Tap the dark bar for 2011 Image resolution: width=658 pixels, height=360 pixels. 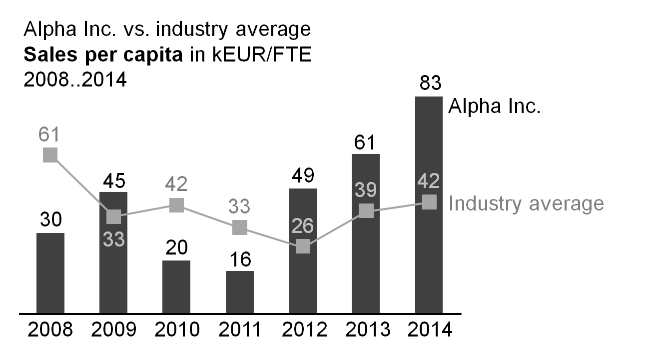pyautogui.click(x=240, y=292)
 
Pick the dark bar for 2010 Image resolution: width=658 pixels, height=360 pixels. pyautogui.click(x=176, y=287)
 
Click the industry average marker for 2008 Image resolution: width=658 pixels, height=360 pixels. pyautogui.click(x=50, y=155)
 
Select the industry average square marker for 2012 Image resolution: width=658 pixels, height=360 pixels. pyautogui.click(x=303, y=246)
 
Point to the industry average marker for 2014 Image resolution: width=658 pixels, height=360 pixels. pyautogui.click(x=429, y=202)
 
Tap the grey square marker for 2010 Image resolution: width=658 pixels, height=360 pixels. pyautogui.click(x=176, y=205)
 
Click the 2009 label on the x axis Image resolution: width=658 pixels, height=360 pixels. pyautogui.click(x=113, y=330)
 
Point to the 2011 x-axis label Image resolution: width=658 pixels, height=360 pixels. pyautogui.click(x=240, y=330)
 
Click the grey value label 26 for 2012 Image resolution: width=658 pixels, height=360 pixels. pyautogui.click(x=303, y=226)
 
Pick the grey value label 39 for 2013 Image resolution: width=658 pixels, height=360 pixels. pyautogui.click(x=366, y=190)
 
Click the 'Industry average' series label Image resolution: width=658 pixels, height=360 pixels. pyautogui.click(x=526, y=203)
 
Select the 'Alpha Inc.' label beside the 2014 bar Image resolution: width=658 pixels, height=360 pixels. pyautogui.click(x=494, y=106)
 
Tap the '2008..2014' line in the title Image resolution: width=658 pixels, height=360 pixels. pyautogui.click(x=75, y=79)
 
